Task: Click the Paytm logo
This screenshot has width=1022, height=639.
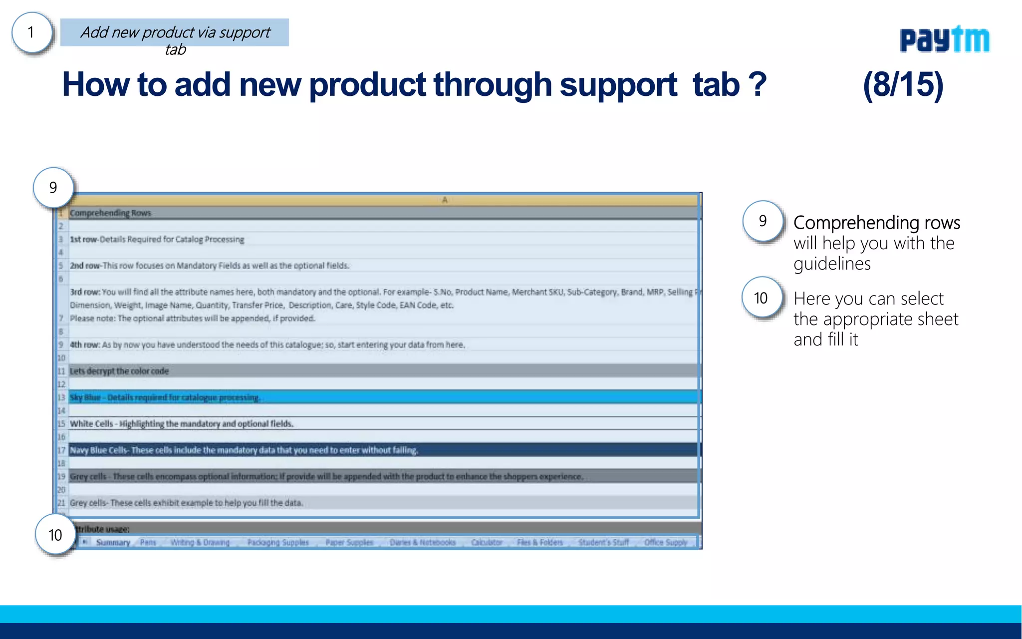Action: (x=944, y=39)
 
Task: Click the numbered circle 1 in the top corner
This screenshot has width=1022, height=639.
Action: (x=31, y=33)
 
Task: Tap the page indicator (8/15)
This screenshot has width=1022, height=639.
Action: (x=903, y=84)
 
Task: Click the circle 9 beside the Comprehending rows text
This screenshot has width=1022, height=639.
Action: (x=763, y=221)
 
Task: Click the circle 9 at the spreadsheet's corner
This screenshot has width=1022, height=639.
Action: (x=53, y=188)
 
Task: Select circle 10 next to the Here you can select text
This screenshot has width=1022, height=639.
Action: (x=761, y=298)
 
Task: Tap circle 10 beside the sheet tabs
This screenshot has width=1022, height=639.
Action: (x=55, y=535)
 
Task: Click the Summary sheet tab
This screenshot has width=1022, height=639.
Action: (x=113, y=543)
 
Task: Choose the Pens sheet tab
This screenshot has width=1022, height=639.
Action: (x=148, y=543)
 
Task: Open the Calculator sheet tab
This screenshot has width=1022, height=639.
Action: (x=487, y=543)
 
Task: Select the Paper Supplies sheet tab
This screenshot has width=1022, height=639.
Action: (x=349, y=543)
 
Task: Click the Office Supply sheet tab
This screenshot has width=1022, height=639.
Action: (x=666, y=543)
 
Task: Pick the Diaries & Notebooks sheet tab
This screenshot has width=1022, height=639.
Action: (x=423, y=543)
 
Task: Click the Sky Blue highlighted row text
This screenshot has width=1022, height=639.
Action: (x=165, y=397)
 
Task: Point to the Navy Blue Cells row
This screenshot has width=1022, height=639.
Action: (x=244, y=450)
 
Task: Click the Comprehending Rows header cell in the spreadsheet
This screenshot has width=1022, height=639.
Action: (x=110, y=213)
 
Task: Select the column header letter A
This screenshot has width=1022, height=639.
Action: (x=445, y=200)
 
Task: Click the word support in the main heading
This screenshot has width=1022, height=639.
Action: (x=618, y=85)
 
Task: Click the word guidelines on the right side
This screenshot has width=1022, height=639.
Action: (x=832, y=264)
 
